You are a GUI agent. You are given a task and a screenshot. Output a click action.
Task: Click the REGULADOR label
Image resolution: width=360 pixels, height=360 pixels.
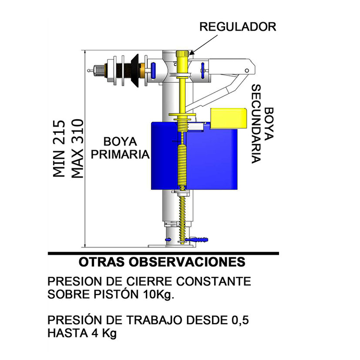[x=238, y=27]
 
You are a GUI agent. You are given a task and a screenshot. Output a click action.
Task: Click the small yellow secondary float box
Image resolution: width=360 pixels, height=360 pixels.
[x=228, y=118]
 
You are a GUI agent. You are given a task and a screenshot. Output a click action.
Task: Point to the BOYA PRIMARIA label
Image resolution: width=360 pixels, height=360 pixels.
[x=119, y=148]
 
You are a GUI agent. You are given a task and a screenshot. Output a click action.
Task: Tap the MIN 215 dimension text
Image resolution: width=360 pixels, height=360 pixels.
[x=60, y=149]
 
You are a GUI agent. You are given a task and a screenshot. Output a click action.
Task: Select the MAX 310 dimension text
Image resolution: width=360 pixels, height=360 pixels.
[x=77, y=149]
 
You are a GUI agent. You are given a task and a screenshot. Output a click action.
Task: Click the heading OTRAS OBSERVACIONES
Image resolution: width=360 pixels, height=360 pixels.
[x=162, y=262]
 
